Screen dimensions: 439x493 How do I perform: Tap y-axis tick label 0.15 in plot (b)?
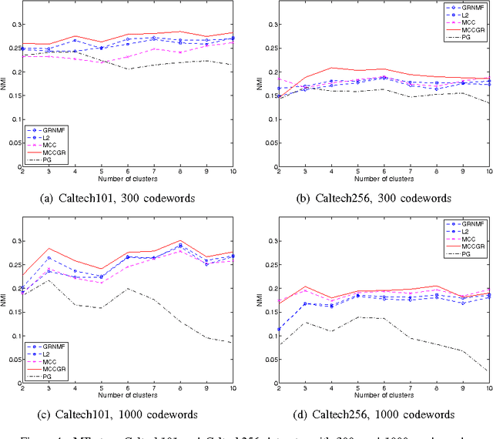point(266,96)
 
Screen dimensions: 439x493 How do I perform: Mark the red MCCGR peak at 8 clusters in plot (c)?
point(180,240)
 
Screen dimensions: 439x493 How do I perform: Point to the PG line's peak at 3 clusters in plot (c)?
point(49,280)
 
